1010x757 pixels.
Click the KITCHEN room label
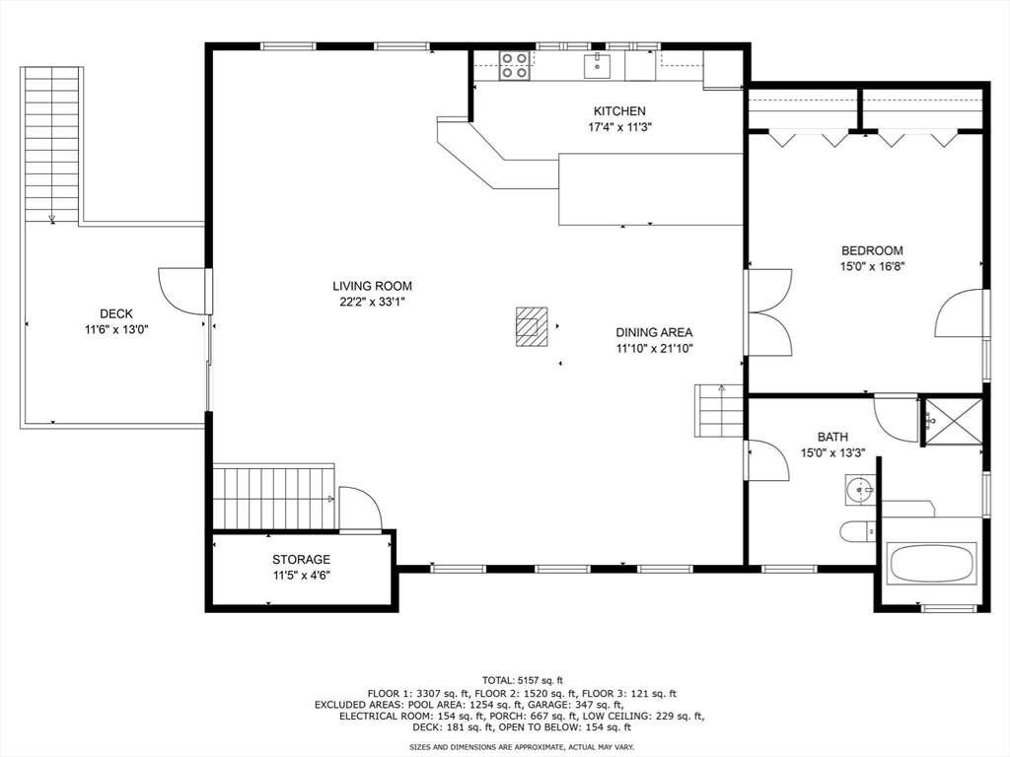coord(619,111)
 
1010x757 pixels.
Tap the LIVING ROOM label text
coord(372,287)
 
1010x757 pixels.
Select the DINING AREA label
coord(655,333)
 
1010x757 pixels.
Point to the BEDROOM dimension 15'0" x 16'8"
coord(872,267)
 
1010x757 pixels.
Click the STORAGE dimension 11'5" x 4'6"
coord(301,576)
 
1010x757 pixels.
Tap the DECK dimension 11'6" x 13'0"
coord(116,330)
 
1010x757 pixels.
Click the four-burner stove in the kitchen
coord(515,66)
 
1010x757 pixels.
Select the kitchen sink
coord(597,66)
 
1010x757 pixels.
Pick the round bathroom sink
coord(859,491)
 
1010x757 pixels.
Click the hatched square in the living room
coord(532,326)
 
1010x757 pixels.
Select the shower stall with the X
coord(954,421)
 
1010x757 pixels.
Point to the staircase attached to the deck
coord(51,145)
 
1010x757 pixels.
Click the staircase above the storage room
coord(274,497)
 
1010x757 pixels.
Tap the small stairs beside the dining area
coord(719,411)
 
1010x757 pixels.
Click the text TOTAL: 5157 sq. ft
coord(523,680)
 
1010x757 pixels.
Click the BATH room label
coord(832,437)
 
